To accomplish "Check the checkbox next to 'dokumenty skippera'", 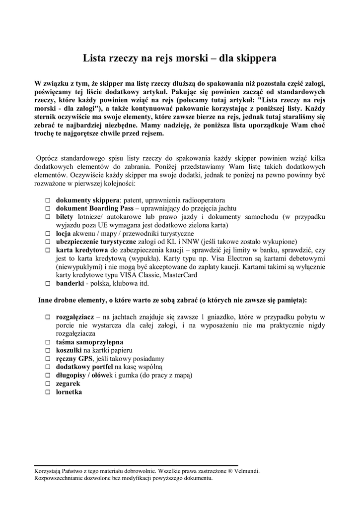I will click(x=48, y=200).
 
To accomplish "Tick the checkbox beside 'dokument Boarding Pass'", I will click(x=48, y=209).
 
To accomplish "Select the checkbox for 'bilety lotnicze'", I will click(x=48, y=217).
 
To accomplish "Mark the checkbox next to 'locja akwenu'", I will click(x=48, y=234).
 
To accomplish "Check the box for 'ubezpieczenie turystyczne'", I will click(x=48, y=242).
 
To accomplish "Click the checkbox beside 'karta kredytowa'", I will click(x=48, y=251).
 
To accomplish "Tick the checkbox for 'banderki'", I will click(x=48, y=284).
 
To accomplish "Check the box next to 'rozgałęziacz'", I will click(x=48, y=317).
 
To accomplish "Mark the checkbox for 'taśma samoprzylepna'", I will click(x=48, y=342).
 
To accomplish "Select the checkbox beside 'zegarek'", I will click(x=48, y=384).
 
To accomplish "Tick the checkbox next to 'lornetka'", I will click(x=48, y=392).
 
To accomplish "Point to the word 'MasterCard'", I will click(x=180, y=275).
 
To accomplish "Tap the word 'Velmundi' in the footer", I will click(x=247, y=471).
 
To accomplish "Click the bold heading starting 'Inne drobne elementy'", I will click(x=172, y=301).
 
